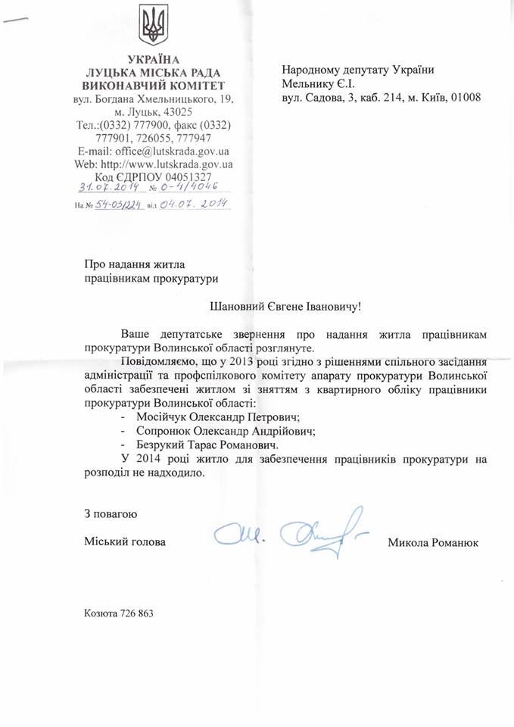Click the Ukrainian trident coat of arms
point(154,25)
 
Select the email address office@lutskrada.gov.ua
point(165,151)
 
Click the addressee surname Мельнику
point(307,83)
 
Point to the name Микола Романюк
point(432,542)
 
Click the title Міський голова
point(124,542)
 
